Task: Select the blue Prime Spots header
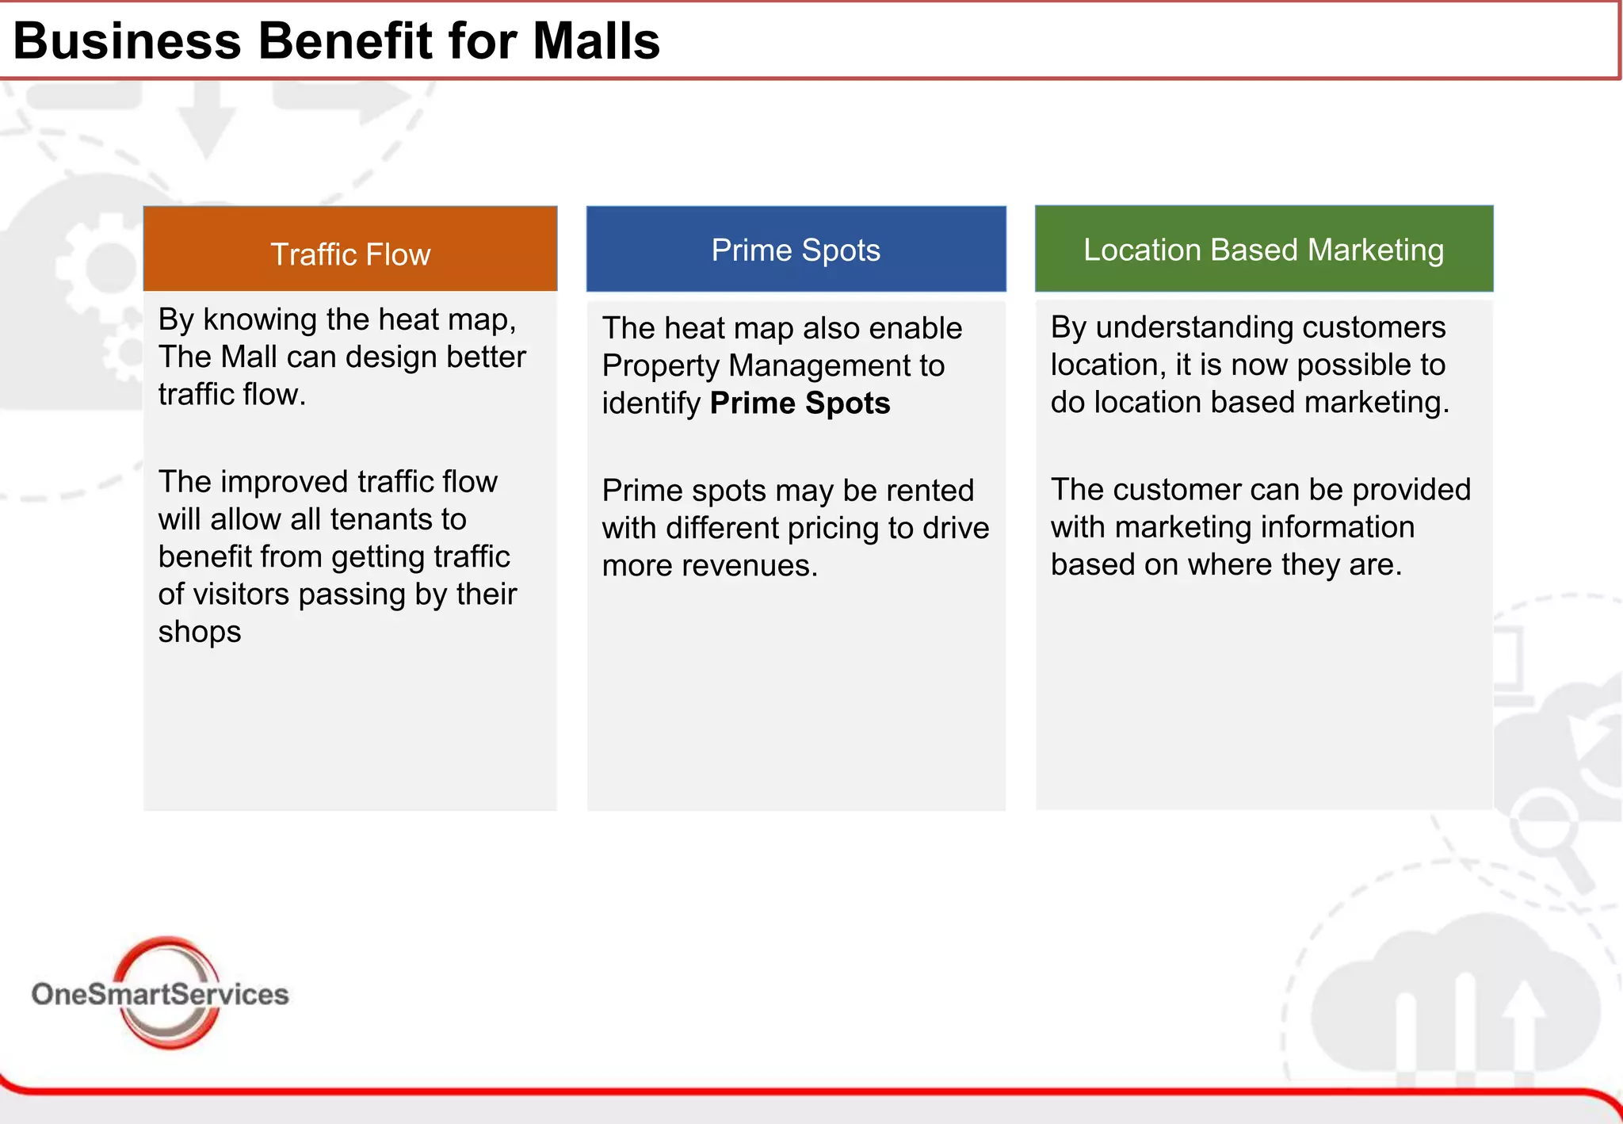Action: tap(796, 250)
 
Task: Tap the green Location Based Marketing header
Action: tap(1263, 250)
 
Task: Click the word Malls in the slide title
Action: tap(596, 40)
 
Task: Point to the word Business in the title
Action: tap(128, 40)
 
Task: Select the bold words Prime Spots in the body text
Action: tap(800, 403)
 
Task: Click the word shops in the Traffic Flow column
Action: tap(200, 633)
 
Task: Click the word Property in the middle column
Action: tap(660, 366)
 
